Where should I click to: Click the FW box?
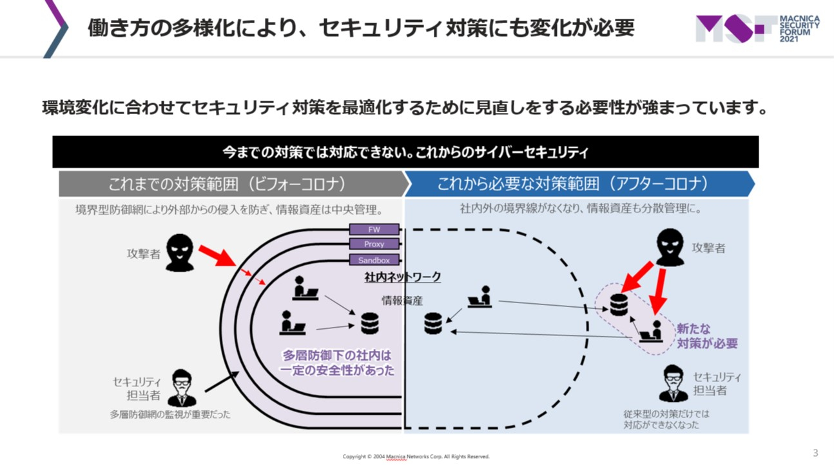(x=374, y=230)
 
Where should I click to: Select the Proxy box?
(x=374, y=244)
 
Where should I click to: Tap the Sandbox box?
(x=374, y=260)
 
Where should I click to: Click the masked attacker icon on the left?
(x=180, y=253)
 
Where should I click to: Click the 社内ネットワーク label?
(x=403, y=277)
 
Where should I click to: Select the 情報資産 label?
(x=402, y=300)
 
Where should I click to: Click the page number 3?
(x=815, y=453)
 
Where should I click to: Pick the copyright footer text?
(x=416, y=457)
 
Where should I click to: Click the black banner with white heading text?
(x=405, y=152)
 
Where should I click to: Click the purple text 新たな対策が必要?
(x=707, y=336)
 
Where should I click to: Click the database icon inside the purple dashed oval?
(x=619, y=304)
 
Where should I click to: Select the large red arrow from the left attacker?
(x=217, y=255)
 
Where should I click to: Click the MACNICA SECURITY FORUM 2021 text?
(x=799, y=30)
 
